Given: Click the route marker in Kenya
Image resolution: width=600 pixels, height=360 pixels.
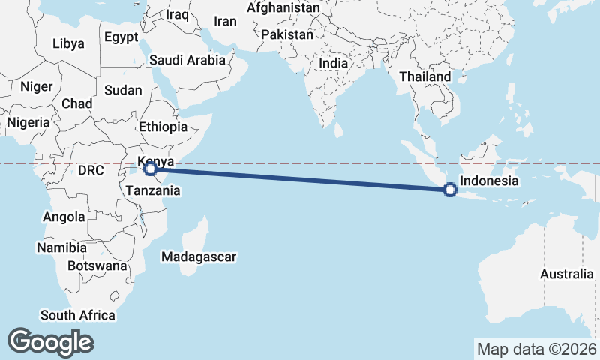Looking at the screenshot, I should point(151,169).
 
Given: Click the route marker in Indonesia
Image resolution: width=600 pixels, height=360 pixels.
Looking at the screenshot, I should point(449,190).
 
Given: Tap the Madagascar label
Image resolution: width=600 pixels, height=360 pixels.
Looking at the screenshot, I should point(199,256).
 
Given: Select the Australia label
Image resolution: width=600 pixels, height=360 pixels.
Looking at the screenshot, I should point(566,274).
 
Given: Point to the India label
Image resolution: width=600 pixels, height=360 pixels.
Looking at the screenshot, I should point(333,64).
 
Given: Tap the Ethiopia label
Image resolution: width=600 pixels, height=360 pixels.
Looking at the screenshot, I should point(163,127).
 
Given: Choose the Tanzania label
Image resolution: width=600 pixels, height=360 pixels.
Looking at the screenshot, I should point(152,190).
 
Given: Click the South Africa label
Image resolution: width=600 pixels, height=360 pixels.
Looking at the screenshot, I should point(78,315).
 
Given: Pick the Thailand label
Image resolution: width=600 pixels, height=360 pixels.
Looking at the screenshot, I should point(425,76).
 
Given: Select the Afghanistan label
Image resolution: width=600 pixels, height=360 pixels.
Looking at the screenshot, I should point(283,7).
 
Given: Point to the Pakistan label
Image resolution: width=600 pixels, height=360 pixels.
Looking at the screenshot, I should point(287,35).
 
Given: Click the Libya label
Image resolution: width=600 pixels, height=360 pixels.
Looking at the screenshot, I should point(69,43).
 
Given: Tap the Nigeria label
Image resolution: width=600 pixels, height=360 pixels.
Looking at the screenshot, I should point(28,122).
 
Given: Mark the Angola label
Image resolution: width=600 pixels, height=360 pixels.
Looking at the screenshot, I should point(64,217).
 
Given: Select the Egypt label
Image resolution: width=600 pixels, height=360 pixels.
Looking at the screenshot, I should point(121,37).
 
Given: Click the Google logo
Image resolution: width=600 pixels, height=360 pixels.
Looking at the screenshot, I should point(50,342).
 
